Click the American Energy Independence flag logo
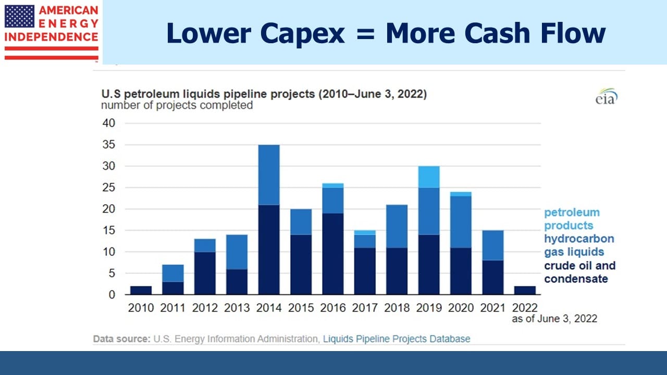51,32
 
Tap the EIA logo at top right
607,96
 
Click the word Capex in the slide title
302,33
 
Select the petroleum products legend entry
572,219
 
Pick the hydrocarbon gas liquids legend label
579,245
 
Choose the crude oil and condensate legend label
579,272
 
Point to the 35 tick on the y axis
109,145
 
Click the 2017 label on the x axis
365,308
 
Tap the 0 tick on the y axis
112,295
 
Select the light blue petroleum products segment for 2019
429,177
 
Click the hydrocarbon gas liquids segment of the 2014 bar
269,175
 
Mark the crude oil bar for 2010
141,291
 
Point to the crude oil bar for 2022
525,291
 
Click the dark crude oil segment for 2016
333,254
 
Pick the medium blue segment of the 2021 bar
493,245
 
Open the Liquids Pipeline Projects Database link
397,339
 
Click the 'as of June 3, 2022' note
554,319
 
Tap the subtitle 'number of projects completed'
177,105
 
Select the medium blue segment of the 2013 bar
237,252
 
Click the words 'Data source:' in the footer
122,339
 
